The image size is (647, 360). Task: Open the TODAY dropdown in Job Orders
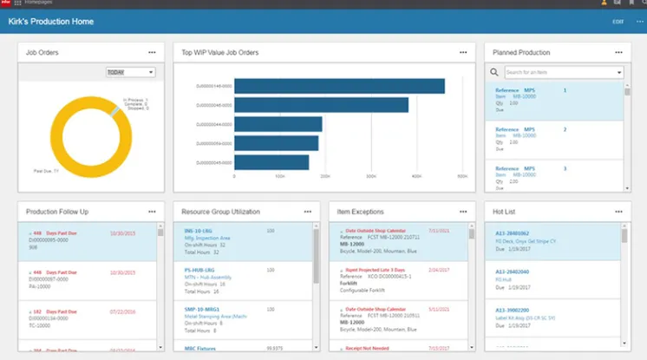[130, 72]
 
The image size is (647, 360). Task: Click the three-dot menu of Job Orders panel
[153, 52]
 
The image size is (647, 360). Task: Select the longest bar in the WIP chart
[339, 86]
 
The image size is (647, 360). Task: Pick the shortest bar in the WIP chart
[271, 162]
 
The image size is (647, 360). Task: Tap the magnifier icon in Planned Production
[494, 73]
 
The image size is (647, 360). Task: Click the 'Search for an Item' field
[562, 73]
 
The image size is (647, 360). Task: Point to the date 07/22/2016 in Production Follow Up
[123, 311]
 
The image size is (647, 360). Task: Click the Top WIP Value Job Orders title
[220, 52]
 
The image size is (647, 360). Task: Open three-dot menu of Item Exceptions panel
[463, 211]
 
